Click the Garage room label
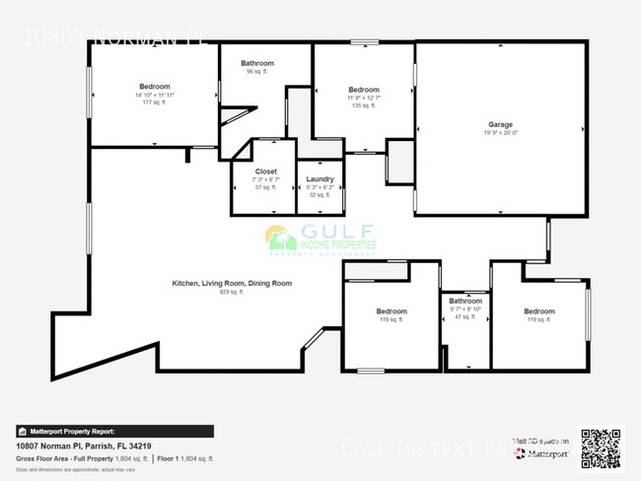[x=500, y=124]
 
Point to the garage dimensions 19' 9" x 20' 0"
[x=500, y=133]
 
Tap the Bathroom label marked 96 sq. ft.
[x=257, y=63]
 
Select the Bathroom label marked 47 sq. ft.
[x=465, y=301]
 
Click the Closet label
[x=266, y=171]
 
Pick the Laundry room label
[x=320, y=178]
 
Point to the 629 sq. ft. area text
[x=232, y=292]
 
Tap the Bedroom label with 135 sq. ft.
[x=364, y=90]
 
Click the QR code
[x=601, y=447]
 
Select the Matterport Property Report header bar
[x=114, y=431]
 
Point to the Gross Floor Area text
[x=81, y=458]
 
